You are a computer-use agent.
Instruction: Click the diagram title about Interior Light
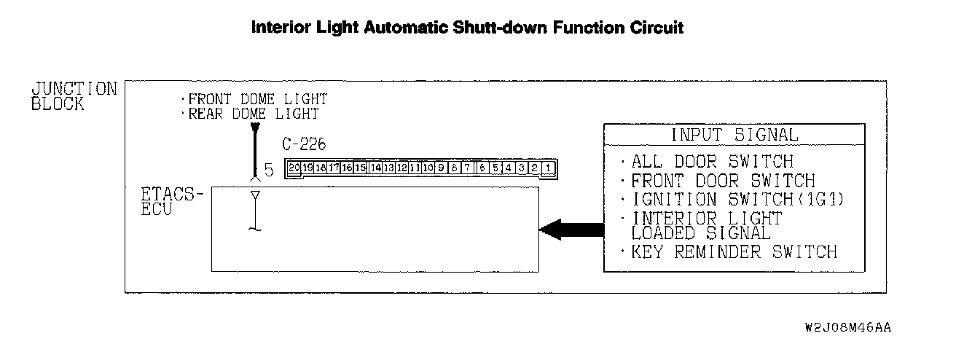coord(467,28)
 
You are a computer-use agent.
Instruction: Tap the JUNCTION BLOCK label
coord(73,96)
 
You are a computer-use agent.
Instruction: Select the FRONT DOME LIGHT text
coord(255,99)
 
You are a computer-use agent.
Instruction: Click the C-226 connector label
coord(304,144)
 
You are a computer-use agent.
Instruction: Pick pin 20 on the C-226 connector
coord(294,168)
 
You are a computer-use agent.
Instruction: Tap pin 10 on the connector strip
coord(428,168)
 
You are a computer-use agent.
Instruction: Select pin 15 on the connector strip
coord(360,168)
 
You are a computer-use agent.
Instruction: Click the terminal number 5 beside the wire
coord(268,171)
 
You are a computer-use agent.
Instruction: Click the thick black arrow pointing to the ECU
coord(571,230)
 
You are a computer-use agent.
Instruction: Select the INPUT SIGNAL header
coord(734,135)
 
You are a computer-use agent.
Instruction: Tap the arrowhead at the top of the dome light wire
coord(254,130)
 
